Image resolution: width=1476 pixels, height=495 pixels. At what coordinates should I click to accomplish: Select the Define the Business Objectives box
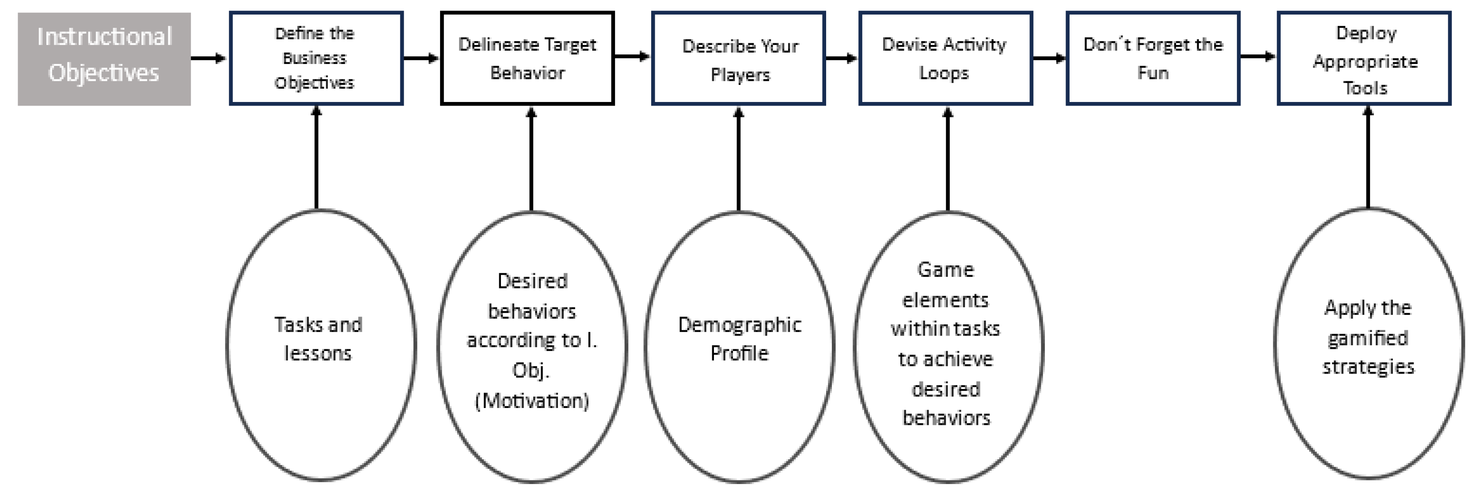pos(316,58)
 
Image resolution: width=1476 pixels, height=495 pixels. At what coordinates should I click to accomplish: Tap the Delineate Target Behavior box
pos(527,58)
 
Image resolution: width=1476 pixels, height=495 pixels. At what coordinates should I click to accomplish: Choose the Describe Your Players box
pos(739,58)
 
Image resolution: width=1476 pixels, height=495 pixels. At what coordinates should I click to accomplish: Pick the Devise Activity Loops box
pos(945,58)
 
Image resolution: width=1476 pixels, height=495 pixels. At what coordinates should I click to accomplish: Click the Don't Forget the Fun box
pos(1153,58)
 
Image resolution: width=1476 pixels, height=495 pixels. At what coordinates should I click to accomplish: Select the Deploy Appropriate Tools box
pos(1364,58)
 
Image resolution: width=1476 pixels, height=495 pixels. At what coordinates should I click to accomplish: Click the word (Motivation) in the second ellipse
pos(532,401)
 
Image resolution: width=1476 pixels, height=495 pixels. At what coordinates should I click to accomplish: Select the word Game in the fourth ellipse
pos(945,270)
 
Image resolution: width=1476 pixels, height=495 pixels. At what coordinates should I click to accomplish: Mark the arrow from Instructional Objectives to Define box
pos(209,58)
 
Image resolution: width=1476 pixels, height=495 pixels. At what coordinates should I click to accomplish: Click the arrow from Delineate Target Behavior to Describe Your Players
pos(632,57)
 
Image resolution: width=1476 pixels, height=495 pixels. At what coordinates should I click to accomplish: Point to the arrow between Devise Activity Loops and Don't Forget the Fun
pos(1048,58)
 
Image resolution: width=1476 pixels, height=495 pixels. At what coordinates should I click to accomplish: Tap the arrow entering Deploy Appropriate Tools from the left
pos(1258,57)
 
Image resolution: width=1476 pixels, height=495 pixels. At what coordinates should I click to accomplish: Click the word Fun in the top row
pos(1153,73)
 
